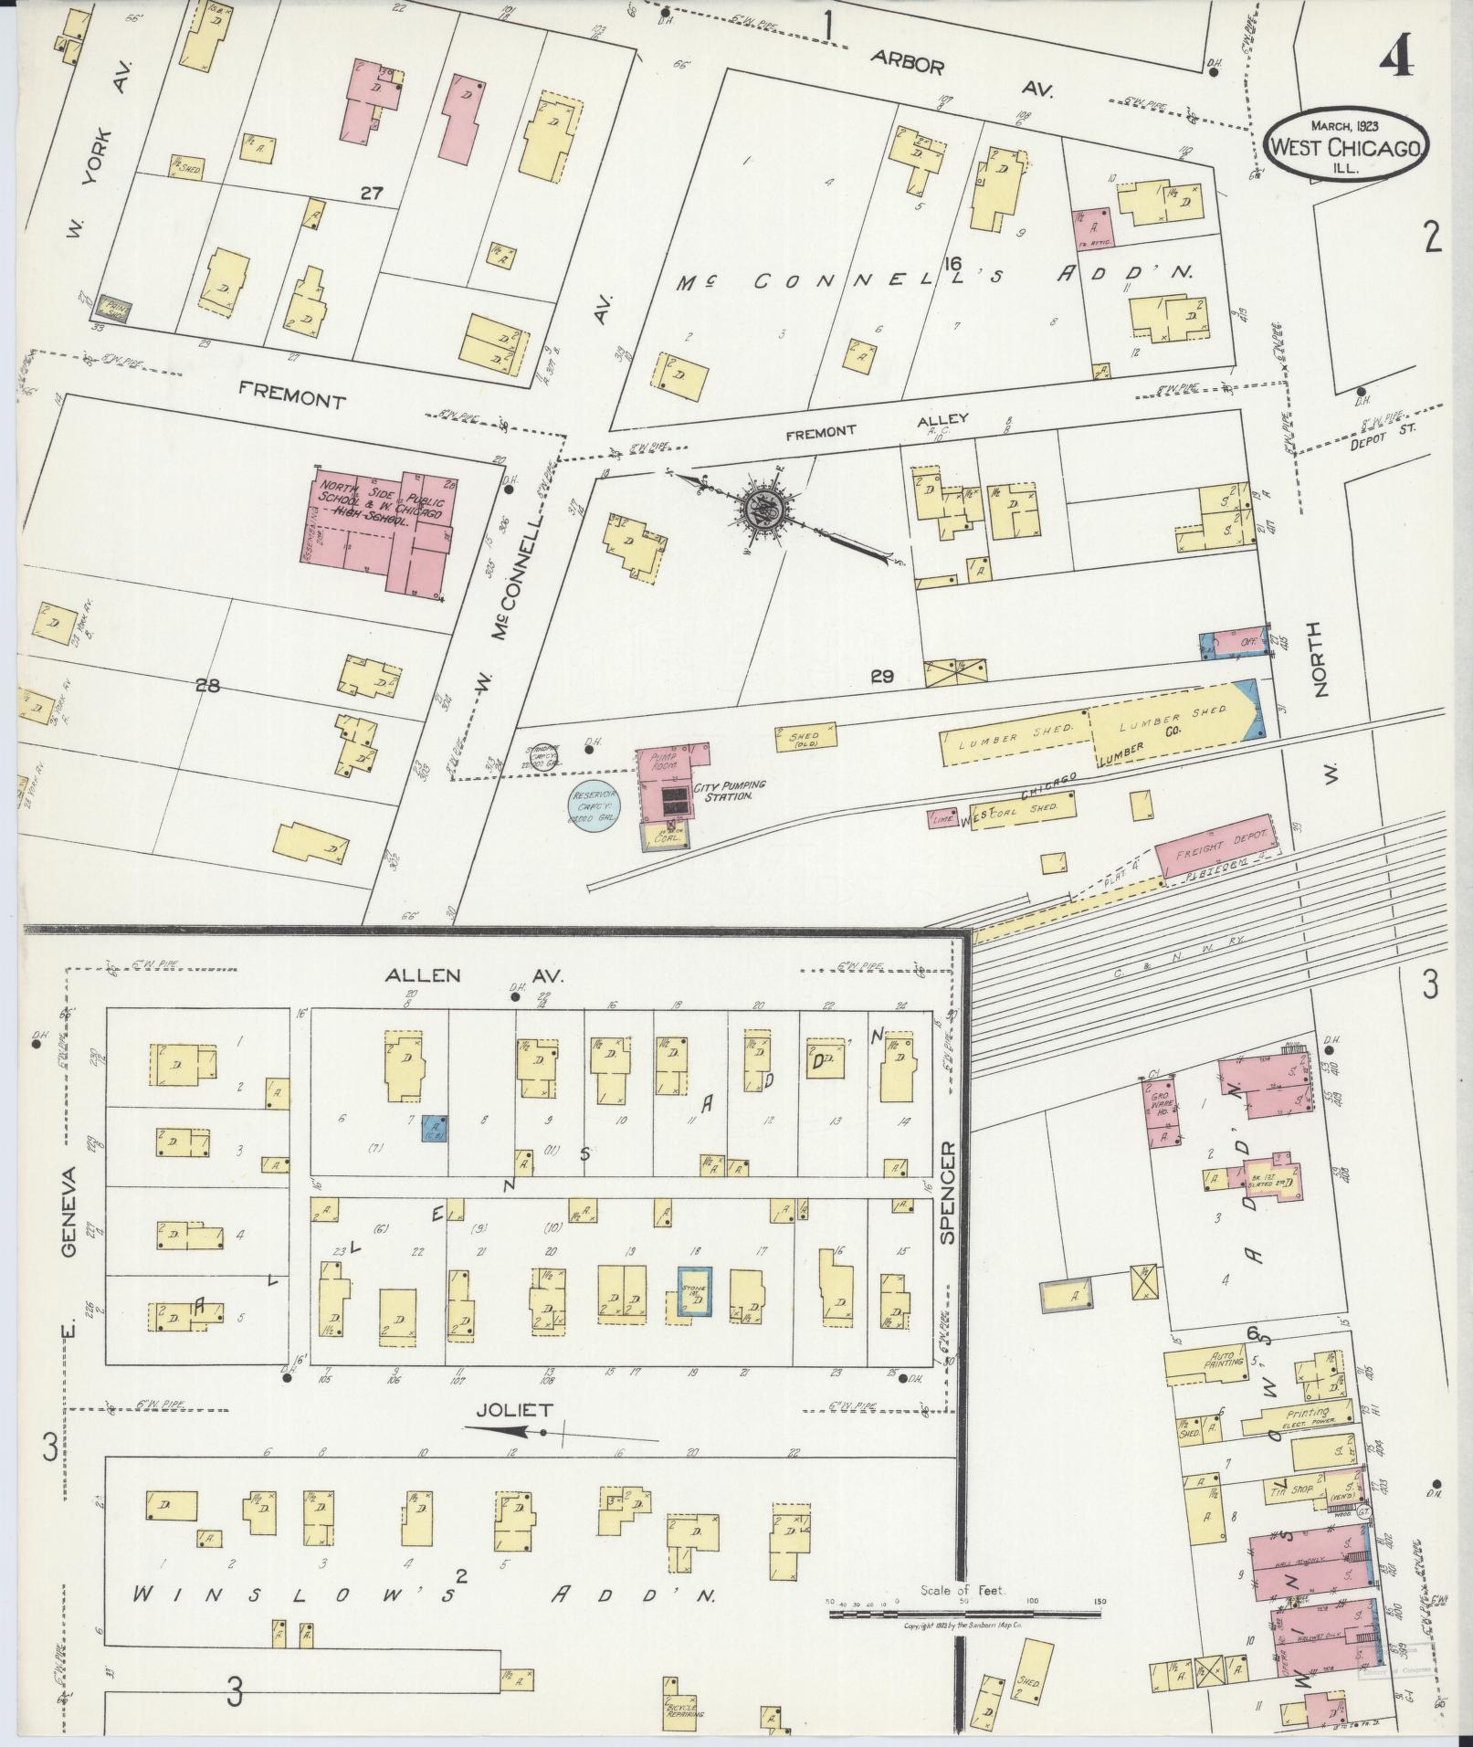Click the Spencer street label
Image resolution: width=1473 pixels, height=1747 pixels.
pos(946,1193)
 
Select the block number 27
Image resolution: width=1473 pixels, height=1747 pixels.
pos(372,193)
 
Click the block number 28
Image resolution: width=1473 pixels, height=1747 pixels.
pos(207,686)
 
